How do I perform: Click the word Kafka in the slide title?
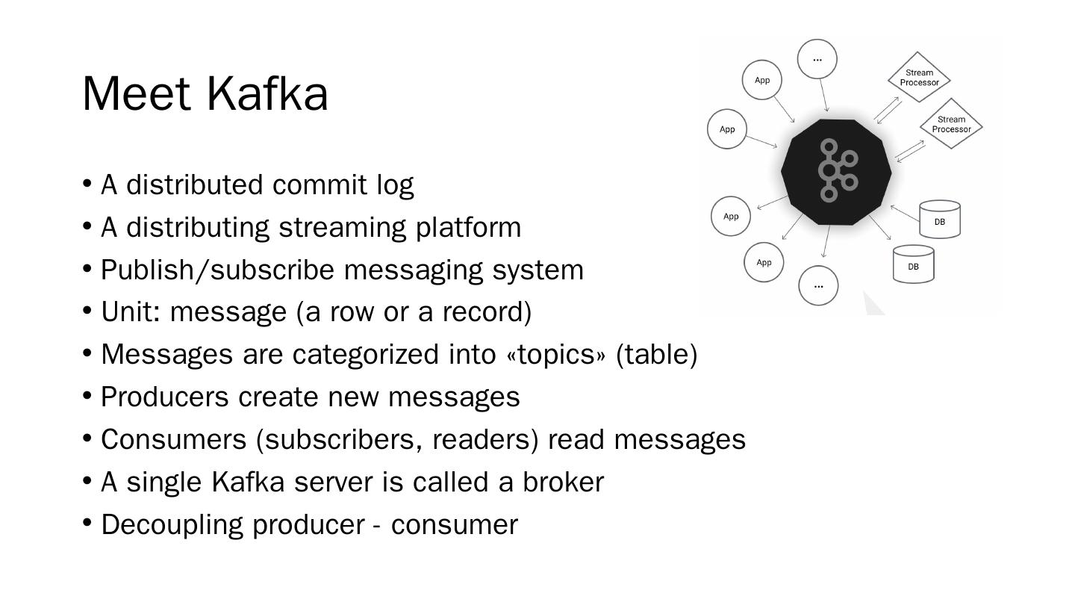coord(267,94)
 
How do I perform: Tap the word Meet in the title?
coord(137,94)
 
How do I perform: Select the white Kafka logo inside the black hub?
coord(837,171)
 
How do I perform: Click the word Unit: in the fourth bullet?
coord(131,311)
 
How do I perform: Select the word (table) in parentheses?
coord(656,354)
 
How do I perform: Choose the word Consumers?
coord(173,439)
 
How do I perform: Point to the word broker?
coord(563,482)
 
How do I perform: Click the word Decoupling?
coord(172,524)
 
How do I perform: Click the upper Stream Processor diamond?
coord(919,78)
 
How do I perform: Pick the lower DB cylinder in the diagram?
coord(914,265)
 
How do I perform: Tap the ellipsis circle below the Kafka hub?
coord(818,285)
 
